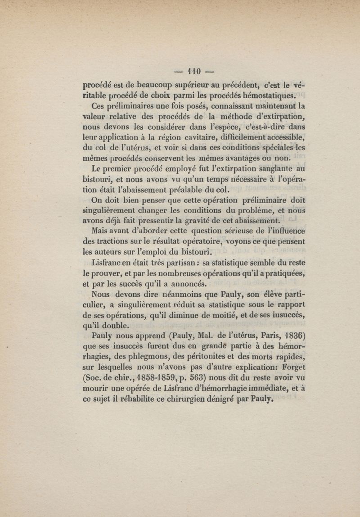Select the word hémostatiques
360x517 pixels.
[x=267, y=95]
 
